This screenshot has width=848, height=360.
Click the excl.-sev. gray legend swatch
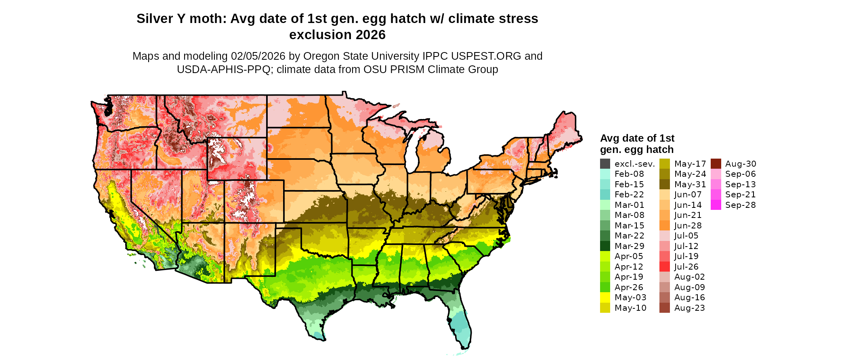pyautogui.click(x=605, y=164)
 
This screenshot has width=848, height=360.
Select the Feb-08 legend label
pyautogui.click(x=629, y=174)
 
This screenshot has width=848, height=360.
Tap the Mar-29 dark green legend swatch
pyautogui.click(x=605, y=246)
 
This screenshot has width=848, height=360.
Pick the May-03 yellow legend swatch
pyautogui.click(x=605, y=297)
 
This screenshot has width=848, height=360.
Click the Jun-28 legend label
pyautogui.click(x=688, y=226)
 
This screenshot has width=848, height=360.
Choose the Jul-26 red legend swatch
pyautogui.click(x=665, y=267)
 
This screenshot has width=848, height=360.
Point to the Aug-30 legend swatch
pyautogui.click(x=716, y=164)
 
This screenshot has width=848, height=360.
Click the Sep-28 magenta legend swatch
pyautogui.click(x=716, y=205)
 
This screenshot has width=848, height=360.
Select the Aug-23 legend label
pyautogui.click(x=689, y=308)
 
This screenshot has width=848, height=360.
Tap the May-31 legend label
pyautogui.click(x=690, y=184)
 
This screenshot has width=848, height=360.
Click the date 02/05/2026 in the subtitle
pyautogui.click(x=258, y=56)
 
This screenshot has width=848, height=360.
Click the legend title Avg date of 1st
pyautogui.click(x=637, y=138)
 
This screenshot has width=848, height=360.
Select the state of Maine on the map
pyautogui.click(x=565, y=129)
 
